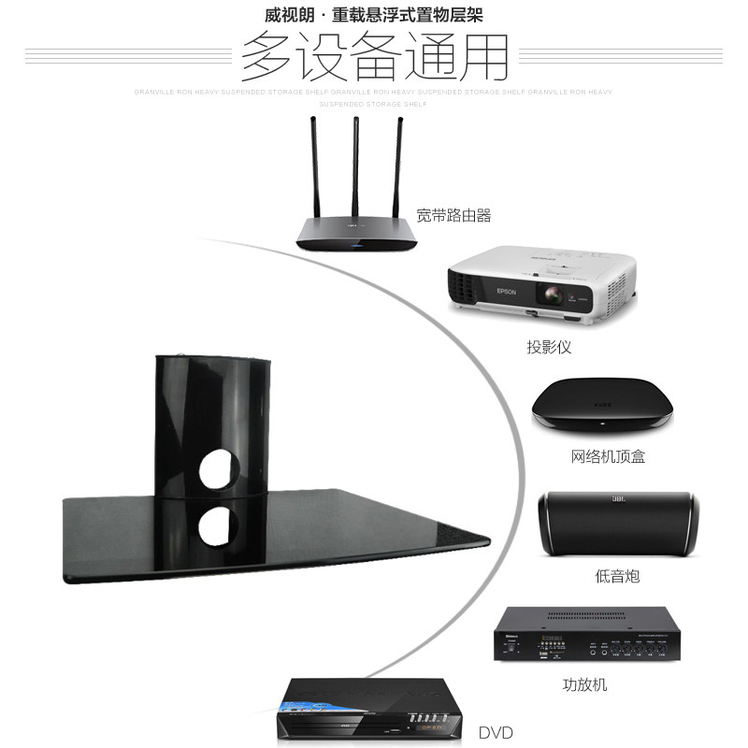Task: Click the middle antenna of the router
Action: pyautogui.click(x=355, y=168)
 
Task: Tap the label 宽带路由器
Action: pyautogui.click(x=453, y=216)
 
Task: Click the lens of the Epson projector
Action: pyautogui.click(x=553, y=298)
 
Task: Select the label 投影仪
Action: pyautogui.click(x=549, y=348)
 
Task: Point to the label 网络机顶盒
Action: pyautogui.click(x=608, y=457)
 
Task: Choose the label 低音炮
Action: pyautogui.click(x=618, y=576)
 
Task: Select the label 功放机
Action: pyautogui.click(x=585, y=684)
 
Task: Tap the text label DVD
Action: pyautogui.click(x=496, y=729)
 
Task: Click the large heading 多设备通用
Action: pyautogui.click(x=374, y=58)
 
